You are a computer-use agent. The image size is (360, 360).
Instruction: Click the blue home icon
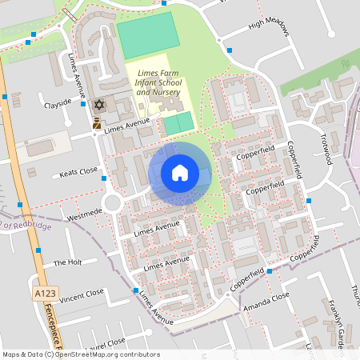point(180,173)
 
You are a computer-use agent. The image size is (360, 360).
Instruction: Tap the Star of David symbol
point(99,105)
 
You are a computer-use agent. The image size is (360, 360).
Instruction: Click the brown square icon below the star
point(97,123)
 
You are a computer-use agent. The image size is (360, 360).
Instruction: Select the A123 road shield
point(45,295)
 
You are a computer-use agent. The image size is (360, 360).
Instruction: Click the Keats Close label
point(78,172)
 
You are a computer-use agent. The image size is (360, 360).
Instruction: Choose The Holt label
point(67,262)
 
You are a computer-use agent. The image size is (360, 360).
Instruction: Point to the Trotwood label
point(326,148)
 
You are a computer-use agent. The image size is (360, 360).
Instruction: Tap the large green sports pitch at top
point(149,34)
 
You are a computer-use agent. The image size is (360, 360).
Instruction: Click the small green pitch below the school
point(178,123)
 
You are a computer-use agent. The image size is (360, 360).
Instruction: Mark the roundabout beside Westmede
point(113,203)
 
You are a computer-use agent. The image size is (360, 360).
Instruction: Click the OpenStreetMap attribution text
point(81,354)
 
